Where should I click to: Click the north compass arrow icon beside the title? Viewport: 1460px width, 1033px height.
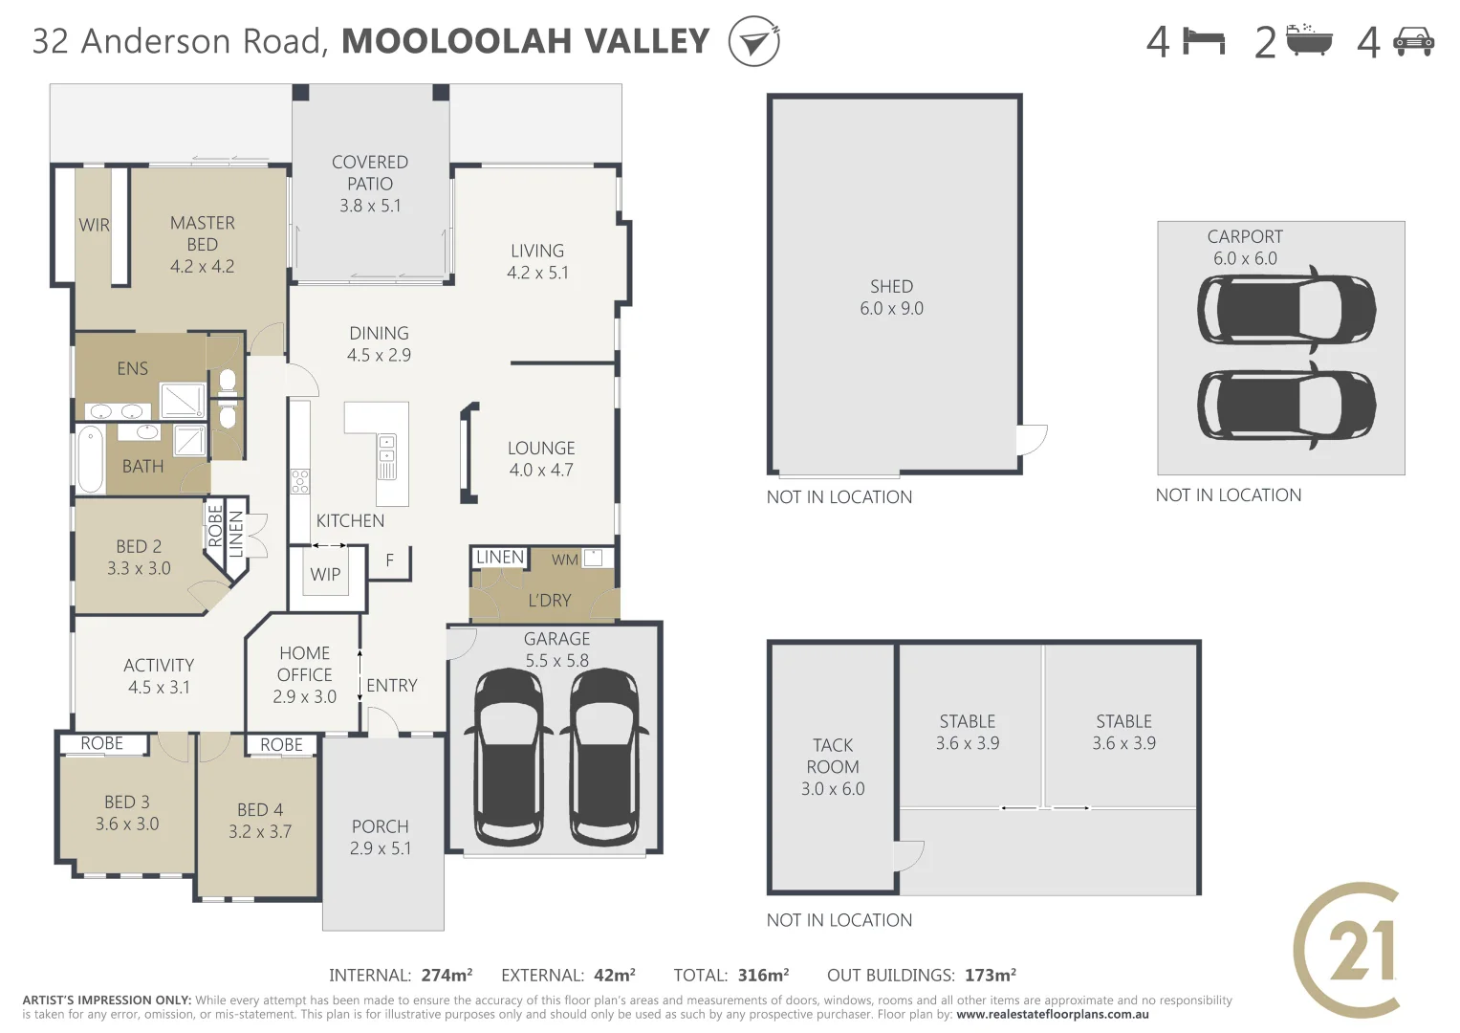tap(753, 42)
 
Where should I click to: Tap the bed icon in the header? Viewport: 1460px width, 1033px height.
tap(1204, 41)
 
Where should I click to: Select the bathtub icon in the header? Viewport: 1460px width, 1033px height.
tap(1309, 41)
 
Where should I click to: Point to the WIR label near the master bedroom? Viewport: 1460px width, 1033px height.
tap(94, 226)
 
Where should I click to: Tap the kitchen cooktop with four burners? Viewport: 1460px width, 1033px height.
tap(300, 481)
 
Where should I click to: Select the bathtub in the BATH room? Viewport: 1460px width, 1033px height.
tap(90, 459)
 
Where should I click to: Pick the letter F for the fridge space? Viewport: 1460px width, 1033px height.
tap(389, 560)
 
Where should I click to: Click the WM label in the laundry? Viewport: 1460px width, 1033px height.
tap(564, 560)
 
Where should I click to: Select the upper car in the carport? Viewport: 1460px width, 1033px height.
tap(1286, 310)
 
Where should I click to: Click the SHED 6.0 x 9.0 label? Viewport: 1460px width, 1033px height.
tap(891, 297)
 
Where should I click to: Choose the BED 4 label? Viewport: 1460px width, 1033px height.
tap(260, 820)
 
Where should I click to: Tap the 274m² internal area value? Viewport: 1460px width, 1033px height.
tap(447, 976)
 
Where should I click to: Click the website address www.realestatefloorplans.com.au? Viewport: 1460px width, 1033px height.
tap(1052, 1015)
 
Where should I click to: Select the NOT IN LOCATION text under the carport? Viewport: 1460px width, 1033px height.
tap(1228, 495)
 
